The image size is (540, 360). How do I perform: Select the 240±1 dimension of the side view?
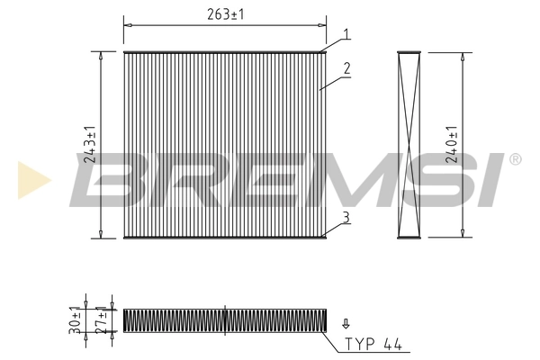pos(453,144)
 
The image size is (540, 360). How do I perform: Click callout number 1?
pos(346,35)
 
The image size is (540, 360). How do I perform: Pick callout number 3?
pos(346,215)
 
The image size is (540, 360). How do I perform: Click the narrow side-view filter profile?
pos(409,144)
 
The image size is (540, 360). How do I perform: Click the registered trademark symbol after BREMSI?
pos(516,159)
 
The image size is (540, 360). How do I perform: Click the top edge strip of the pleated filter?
pos(224,51)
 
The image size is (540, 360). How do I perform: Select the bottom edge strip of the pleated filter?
pos(224,238)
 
